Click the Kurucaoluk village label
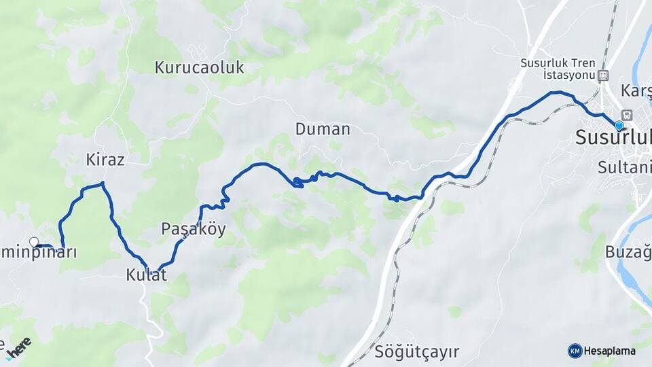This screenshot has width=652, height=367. click(199, 67)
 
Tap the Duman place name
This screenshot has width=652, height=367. click(323, 128)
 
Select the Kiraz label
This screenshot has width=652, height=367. click(105, 160)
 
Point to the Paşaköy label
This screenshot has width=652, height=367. click(193, 229)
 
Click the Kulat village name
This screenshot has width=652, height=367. click(146, 275)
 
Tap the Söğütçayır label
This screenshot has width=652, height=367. click(416, 352)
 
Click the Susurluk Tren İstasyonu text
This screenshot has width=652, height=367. click(558, 68)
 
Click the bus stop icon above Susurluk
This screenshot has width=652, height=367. click(626, 114)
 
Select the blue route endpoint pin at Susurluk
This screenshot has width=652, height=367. click(619, 126)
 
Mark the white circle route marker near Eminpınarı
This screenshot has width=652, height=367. click(34, 241)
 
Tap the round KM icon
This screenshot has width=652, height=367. click(575, 351)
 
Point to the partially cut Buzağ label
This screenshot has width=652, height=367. click(628, 251)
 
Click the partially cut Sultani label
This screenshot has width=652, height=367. click(625, 167)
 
